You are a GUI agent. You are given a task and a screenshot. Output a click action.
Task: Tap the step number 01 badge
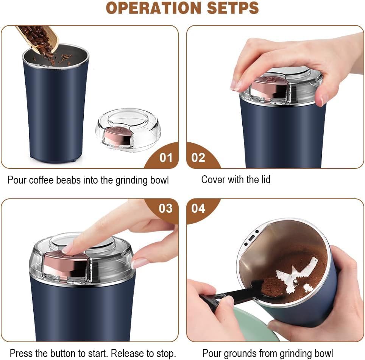click(165, 157)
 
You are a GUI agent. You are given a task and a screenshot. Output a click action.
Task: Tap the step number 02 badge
click(198, 157)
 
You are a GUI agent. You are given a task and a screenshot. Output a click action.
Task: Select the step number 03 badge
click(165, 209)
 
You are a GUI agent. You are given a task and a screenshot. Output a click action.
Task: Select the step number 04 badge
click(198, 209)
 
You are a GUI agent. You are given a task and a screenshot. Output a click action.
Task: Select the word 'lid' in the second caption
click(265, 179)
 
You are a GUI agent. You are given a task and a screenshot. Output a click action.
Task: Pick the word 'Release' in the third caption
click(125, 354)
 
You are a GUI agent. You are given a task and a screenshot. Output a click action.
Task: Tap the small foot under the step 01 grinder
click(72, 161)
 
